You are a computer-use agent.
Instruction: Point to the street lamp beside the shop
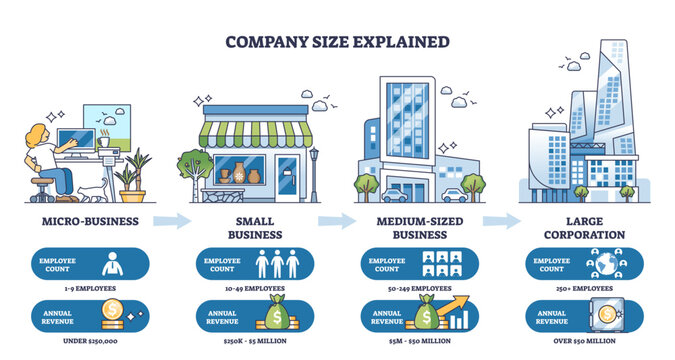(314, 170)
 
